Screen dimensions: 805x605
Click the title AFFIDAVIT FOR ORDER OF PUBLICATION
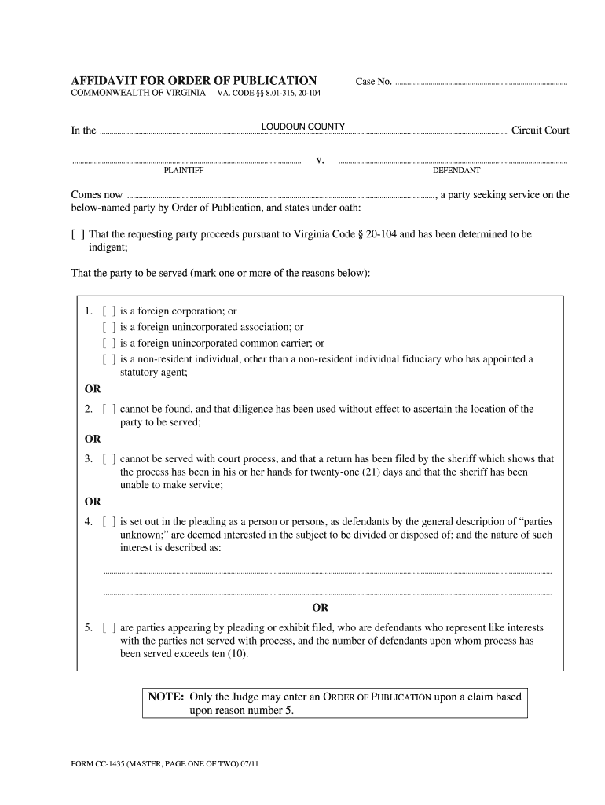194,81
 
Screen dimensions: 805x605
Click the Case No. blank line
480,83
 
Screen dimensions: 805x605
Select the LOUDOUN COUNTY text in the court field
303,127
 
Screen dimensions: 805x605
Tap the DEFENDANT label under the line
456,171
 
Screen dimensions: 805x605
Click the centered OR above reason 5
321,608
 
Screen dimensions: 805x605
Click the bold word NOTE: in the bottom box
166,697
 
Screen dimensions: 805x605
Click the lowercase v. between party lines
320,160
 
